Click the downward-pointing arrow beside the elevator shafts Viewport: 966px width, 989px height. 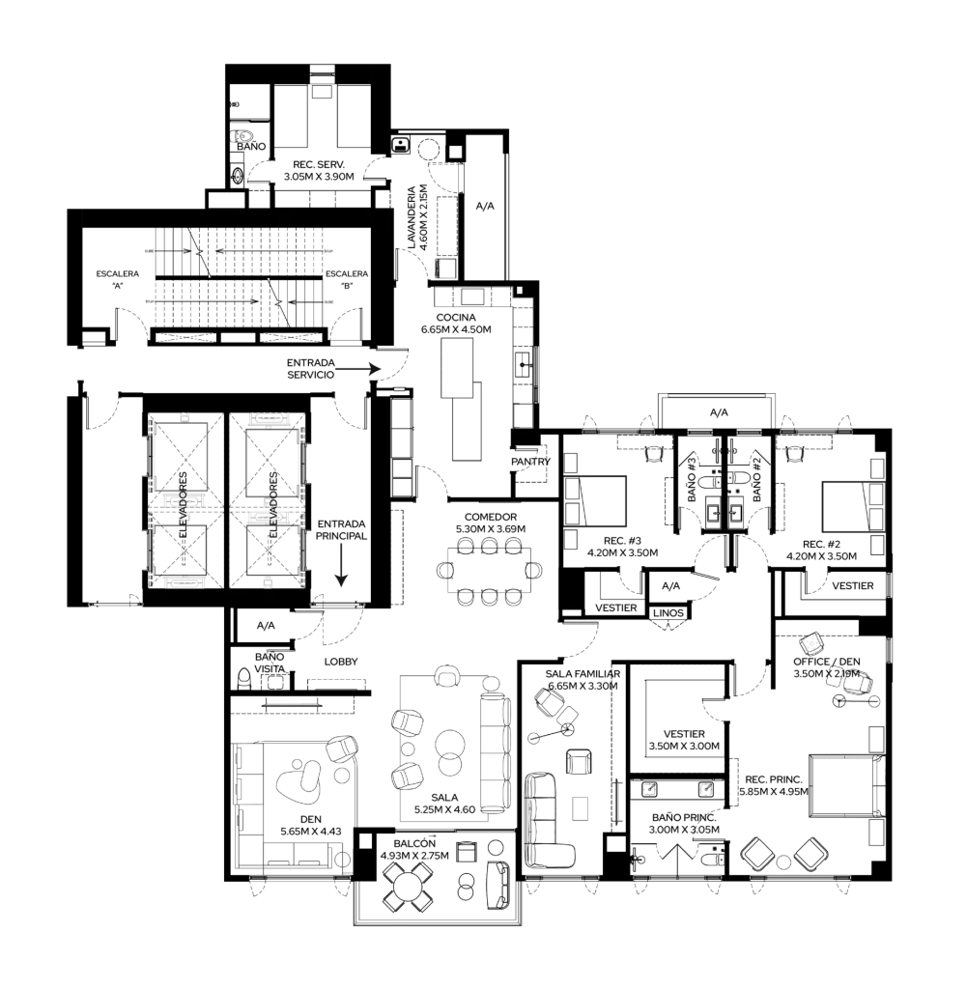[x=341, y=565]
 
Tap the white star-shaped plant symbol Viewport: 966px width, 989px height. [x=812, y=643]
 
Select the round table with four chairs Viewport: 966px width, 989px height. [x=407, y=885]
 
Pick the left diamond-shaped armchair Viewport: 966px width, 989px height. [x=762, y=856]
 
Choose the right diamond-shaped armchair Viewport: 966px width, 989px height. [x=810, y=856]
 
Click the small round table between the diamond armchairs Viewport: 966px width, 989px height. [x=786, y=858]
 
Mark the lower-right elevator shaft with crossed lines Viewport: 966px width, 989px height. [x=268, y=549]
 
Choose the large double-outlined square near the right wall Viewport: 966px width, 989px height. [x=843, y=786]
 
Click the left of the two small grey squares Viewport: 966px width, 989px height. [x=649, y=790]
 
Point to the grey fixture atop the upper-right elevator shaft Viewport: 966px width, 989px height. [x=268, y=419]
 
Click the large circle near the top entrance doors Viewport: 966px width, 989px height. [x=428, y=148]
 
